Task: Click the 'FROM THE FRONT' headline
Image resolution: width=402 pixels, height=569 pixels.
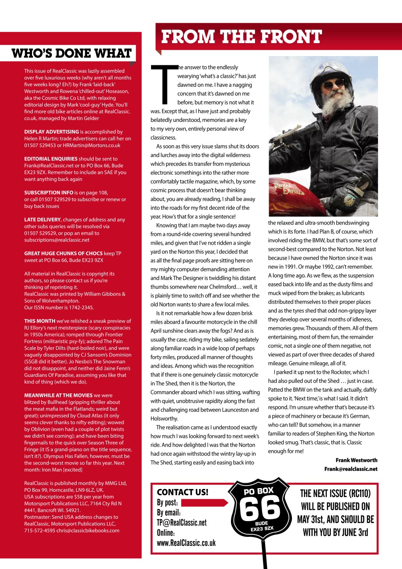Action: tap(241, 37)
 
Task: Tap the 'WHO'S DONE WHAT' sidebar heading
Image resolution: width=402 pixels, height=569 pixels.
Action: tap(72, 54)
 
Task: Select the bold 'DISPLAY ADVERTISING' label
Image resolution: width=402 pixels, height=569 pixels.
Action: tap(51, 132)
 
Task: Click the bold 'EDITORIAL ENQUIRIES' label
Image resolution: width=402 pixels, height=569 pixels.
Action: tap(51, 159)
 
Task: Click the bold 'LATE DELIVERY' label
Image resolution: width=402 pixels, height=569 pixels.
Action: tap(42, 220)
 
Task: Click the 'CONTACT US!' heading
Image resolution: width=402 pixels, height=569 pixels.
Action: tap(183, 493)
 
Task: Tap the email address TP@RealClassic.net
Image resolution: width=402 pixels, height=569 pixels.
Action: tap(182, 523)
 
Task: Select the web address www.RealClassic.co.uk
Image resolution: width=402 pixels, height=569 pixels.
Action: tap(186, 543)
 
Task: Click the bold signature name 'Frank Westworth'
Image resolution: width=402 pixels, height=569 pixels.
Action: tap(356, 460)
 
